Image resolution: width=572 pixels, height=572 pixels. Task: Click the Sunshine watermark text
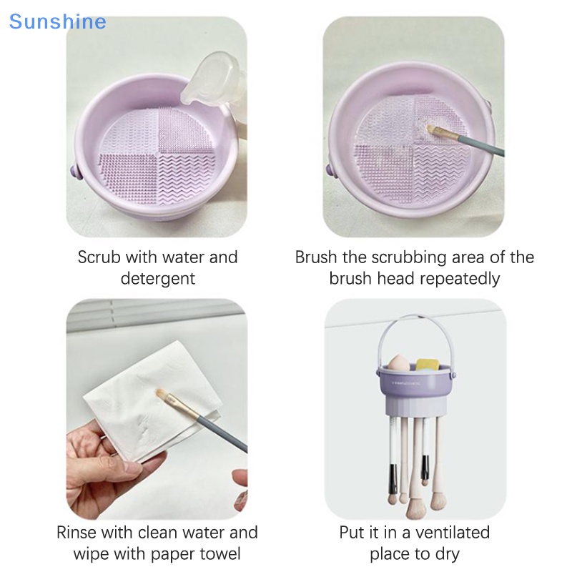click(x=57, y=21)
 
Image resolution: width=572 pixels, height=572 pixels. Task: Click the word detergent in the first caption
click(x=158, y=278)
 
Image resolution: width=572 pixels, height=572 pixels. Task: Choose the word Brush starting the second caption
click(x=317, y=257)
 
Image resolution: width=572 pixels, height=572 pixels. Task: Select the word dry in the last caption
click(x=446, y=554)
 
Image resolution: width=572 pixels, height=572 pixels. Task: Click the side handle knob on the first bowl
click(x=74, y=172)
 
